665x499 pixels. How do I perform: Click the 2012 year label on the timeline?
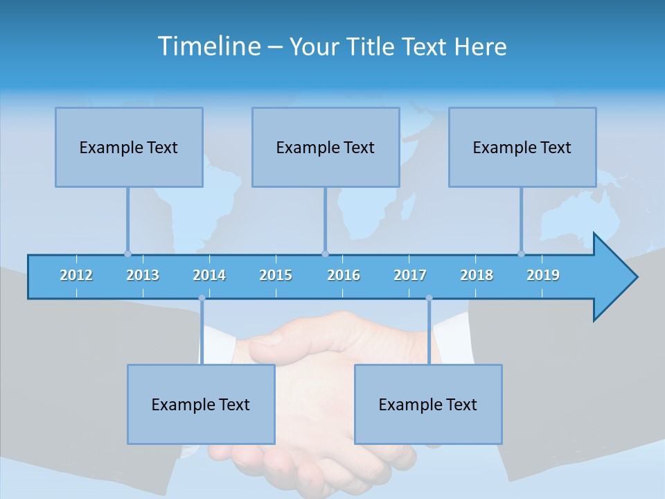tap(76, 275)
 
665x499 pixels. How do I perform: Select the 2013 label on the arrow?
tap(143, 275)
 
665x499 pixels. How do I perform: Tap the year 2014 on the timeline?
tap(209, 275)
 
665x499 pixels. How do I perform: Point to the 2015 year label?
tap(276, 275)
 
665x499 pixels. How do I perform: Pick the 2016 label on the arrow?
tap(344, 275)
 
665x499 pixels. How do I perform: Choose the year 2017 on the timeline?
tap(410, 275)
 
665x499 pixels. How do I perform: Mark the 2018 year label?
tap(477, 275)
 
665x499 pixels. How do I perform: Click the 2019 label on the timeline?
tap(543, 275)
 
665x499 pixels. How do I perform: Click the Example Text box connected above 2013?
tap(129, 147)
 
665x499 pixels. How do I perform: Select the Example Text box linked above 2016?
tap(326, 147)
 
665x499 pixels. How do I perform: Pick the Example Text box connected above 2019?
tap(522, 147)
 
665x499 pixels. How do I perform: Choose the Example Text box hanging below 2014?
tap(201, 404)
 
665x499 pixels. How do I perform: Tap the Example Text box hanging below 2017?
tap(428, 404)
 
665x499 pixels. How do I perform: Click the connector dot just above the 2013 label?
tap(127, 254)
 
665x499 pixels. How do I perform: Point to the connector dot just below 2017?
tap(429, 299)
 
